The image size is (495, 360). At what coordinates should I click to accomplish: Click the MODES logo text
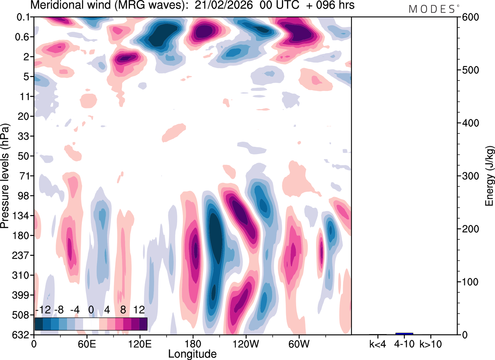pos(432,9)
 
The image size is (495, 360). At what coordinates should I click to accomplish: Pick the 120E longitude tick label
pos(140,343)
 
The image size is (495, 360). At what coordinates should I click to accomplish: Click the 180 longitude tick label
pos(193,343)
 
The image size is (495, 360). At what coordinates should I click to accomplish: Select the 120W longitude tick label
pos(246,343)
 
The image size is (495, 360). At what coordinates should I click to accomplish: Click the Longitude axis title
pos(192,353)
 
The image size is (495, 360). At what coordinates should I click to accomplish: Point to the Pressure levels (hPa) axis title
pos(5,176)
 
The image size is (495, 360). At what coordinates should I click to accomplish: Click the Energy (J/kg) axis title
pos(490,176)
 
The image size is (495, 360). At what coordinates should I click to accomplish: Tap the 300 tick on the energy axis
pos(468,176)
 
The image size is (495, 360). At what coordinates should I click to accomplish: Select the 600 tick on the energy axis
pos(468,17)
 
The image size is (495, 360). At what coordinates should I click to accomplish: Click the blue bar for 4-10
pos(404,333)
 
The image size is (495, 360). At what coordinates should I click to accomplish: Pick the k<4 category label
pos(378,343)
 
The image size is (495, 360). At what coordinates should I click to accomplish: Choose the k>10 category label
pos(430,343)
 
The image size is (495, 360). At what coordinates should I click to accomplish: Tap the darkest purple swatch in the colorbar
pos(143,324)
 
